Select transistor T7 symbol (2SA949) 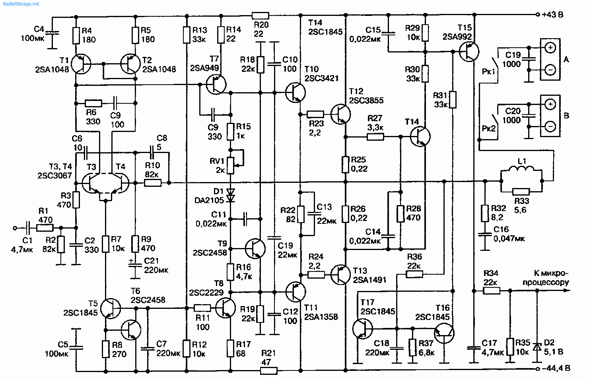(x=216, y=84)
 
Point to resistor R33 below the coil (x=521, y=191)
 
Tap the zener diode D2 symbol (x=537, y=347)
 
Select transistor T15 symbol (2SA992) (x=469, y=51)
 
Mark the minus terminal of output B (x=550, y=126)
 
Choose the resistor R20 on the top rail (x=261, y=16)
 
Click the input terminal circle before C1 (x=15, y=228)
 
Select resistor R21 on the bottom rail (x=268, y=370)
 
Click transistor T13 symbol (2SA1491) (x=340, y=274)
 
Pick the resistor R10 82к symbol (x=153, y=183)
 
